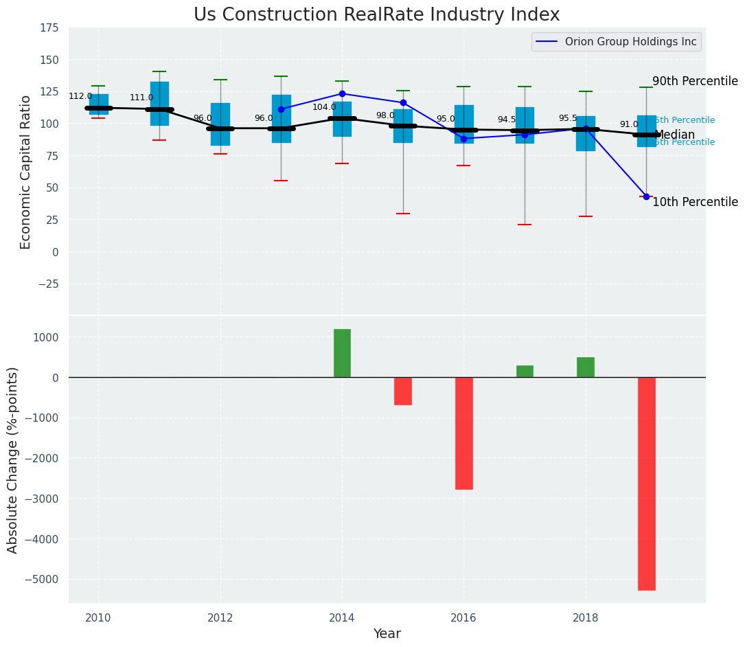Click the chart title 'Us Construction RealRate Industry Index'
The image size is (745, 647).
tap(376, 15)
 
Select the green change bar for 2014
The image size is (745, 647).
tap(342, 353)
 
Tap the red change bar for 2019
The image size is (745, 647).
tap(646, 484)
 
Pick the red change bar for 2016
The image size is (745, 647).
tap(464, 433)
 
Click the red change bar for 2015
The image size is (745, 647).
tap(403, 391)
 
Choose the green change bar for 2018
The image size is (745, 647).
tap(586, 367)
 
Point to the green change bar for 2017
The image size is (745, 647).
tap(525, 372)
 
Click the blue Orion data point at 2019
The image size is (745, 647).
tap(646, 196)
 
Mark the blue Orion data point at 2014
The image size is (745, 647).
tap(342, 93)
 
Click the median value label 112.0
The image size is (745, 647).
tap(80, 97)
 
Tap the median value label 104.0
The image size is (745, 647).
tap(324, 108)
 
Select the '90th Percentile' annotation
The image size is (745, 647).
tap(695, 81)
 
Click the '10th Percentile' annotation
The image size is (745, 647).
tap(695, 202)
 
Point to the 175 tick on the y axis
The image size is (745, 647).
tap(50, 28)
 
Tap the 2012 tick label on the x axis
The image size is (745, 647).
tap(220, 617)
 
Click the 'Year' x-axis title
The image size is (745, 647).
tap(387, 634)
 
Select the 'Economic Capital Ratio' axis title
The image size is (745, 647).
tap(26, 172)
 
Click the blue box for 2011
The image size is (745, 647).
tap(159, 103)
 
